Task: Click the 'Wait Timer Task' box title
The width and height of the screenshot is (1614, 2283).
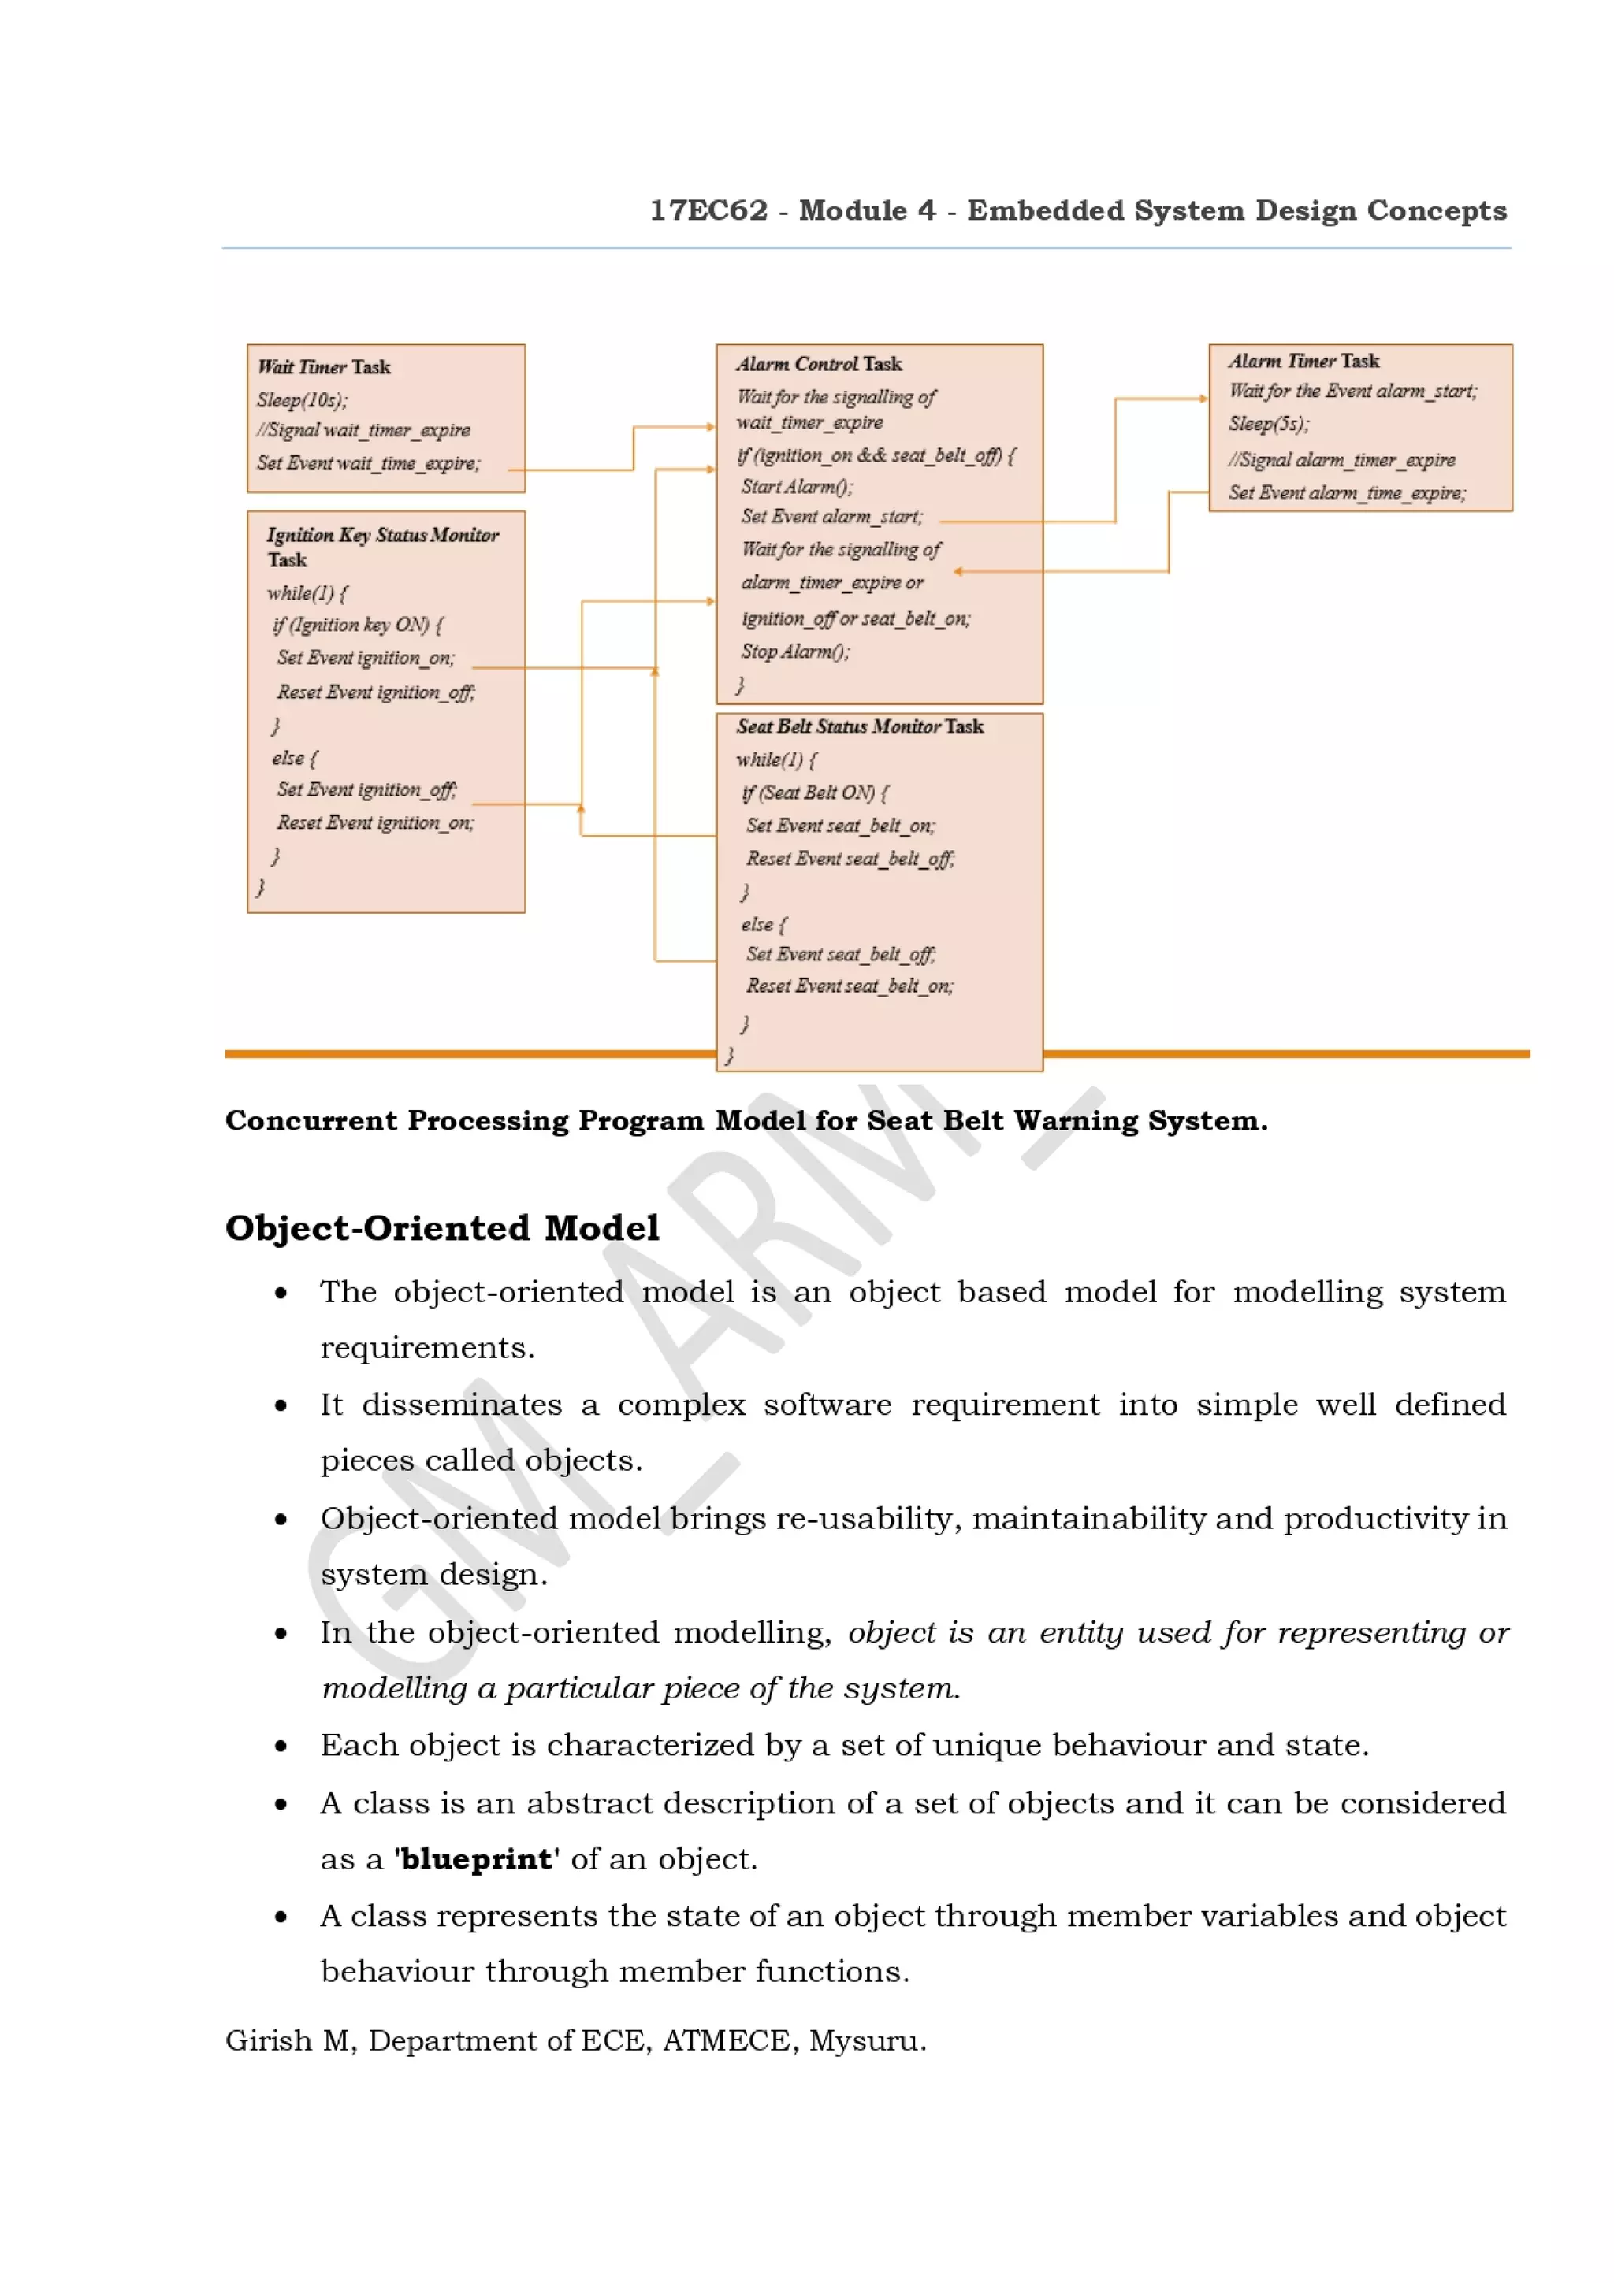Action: point(324,367)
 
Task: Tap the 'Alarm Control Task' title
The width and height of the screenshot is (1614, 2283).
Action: point(819,364)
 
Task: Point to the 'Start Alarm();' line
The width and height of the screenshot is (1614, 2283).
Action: point(797,486)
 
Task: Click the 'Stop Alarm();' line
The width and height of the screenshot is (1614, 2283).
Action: point(794,651)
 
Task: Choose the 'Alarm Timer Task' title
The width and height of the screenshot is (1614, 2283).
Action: point(1303,361)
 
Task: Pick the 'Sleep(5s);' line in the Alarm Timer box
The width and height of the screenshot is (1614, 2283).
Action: point(1268,424)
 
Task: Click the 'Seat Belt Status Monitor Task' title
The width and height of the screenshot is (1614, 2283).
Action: point(859,727)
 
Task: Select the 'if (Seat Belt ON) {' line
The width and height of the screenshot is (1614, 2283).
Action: point(814,793)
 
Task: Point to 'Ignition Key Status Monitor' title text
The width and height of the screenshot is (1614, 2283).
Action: point(383,535)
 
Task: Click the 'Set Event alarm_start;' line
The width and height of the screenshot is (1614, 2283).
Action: point(831,516)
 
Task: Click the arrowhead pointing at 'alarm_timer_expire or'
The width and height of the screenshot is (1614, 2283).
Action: point(958,572)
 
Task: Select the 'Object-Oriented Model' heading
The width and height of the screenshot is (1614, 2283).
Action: point(441,1227)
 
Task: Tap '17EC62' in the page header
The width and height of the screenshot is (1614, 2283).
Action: point(708,211)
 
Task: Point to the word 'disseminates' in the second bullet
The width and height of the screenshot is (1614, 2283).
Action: point(462,1404)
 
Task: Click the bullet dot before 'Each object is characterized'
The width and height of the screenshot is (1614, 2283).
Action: point(281,1746)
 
